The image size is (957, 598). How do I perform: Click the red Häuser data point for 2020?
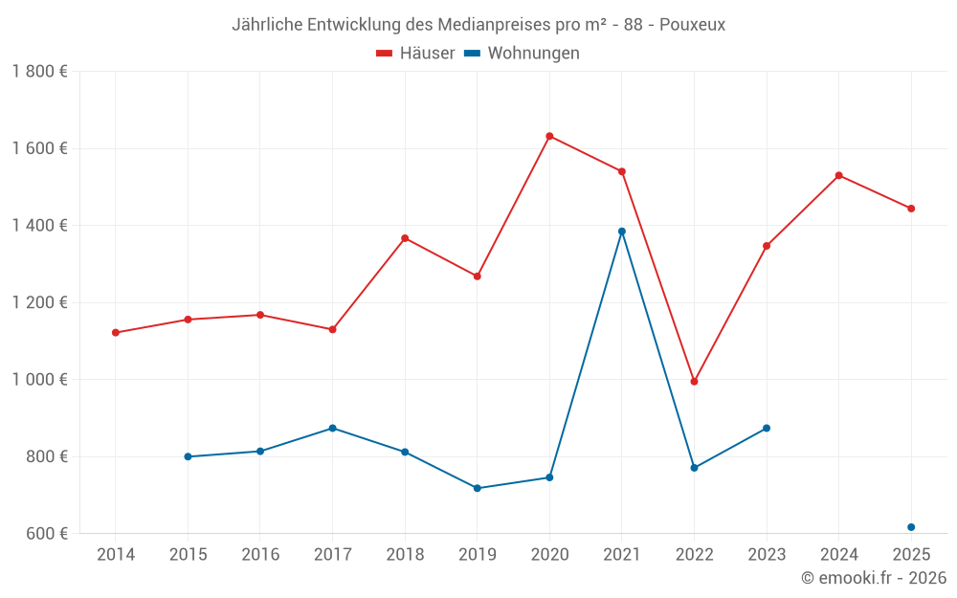click(x=549, y=136)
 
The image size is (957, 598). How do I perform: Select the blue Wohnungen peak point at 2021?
click(x=622, y=231)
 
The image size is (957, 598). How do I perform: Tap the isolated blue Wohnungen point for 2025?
click(x=911, y=527)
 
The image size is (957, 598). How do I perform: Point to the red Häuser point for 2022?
click(x=694, y=382)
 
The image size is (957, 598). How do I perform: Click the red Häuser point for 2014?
click(x=116, y=333)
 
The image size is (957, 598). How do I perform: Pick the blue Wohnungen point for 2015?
click(x=188, y=456)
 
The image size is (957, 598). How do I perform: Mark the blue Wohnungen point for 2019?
click(x=478, y=488)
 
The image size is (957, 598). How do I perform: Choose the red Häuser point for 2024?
click(x=839, y=175)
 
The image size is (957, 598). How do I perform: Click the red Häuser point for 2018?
click(x=405, y=238)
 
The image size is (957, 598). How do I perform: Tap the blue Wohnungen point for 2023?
click(x=767, y=428)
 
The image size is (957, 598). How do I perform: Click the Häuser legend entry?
click(x=415, y=54)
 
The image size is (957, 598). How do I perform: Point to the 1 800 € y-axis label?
click(x=39, y=72)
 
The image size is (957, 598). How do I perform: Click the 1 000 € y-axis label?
click(x=39, y=380)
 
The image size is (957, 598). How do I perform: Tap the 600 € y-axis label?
click(x=46, y=534)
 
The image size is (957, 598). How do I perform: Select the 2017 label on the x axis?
click(x=332, y=554)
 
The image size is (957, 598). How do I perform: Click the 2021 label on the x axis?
click(x=622, y=554)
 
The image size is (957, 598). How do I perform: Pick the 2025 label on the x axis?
click(x=911, y=554)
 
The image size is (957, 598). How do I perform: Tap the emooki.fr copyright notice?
click(x=873, y=578)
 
